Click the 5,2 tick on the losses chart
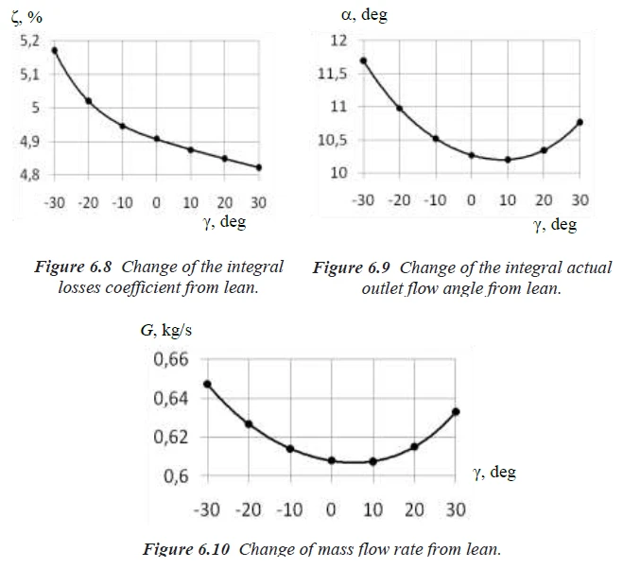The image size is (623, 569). click(x=29, y=40)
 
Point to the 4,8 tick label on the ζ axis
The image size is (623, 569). click(x=29, y=175)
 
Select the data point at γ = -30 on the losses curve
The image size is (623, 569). click(x=54, y=50)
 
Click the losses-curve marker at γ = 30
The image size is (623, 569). click(x=259, y=167)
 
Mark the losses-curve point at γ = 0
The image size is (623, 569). click(x=157, y=139)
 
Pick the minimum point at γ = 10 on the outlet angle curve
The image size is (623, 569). click(x=508, y=160)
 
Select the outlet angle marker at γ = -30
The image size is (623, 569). click(x=364, y=60)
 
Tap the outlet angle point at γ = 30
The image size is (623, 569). click(x=580, y=122)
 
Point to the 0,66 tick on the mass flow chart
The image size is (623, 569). click(x=171, y=360)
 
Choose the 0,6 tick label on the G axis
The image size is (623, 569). click(x=176, y=475)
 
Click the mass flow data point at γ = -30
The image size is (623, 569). click(x=207, y=384)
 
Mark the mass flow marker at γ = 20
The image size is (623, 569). click(x=414, y=446)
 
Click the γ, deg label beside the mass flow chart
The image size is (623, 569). click(x=494, y=472)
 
